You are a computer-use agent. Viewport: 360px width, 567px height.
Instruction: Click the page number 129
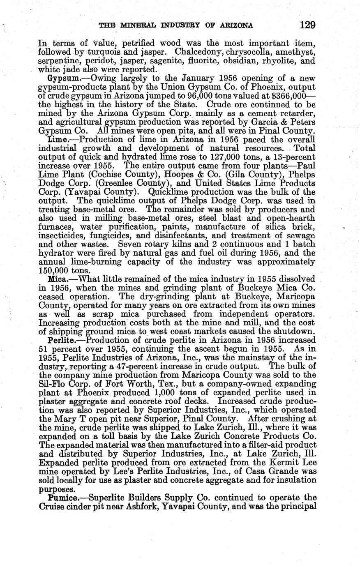click(307, 25)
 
